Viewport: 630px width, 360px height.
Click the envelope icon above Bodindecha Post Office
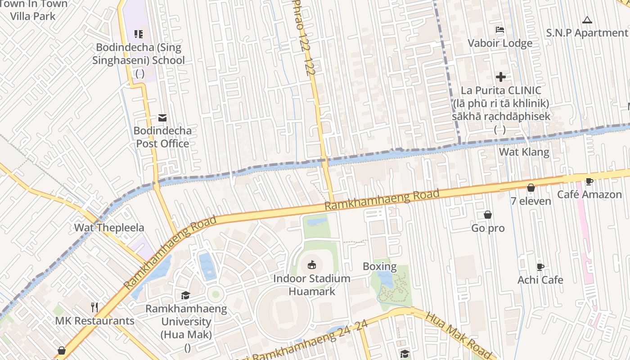point(162,118)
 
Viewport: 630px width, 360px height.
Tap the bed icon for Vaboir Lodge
point(499,31)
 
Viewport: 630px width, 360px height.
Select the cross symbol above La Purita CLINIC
point(500,77)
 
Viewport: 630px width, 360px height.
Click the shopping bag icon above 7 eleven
point(531,188)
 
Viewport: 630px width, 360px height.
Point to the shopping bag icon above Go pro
point(487,215)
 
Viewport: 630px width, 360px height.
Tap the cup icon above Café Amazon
point(589,181)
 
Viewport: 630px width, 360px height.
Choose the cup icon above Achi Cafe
point(540,267)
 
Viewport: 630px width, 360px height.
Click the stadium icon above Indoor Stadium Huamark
point(311,265)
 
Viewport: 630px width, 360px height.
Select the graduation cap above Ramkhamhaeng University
point(185,296)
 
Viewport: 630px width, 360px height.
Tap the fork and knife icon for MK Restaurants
point(94,307)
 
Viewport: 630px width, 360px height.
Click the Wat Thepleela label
point(109,227)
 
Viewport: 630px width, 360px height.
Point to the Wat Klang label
point(524,152)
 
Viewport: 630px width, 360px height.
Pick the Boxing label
point(379,266)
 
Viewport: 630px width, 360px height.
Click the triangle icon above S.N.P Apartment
point(586,20)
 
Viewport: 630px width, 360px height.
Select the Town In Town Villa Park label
point(33,10)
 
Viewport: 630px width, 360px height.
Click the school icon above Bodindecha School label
point(139,34)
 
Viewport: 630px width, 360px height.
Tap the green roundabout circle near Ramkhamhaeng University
point(216,294)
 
